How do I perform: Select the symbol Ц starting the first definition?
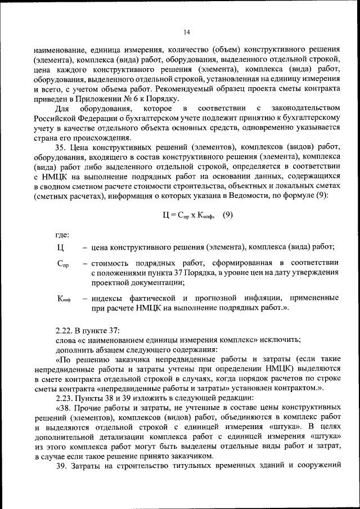(x=61, y=247)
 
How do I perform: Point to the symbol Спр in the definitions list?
(x=62, y=263)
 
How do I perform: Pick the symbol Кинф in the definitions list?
(x=63, y=298)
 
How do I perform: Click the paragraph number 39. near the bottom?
(x=62, y=466)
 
